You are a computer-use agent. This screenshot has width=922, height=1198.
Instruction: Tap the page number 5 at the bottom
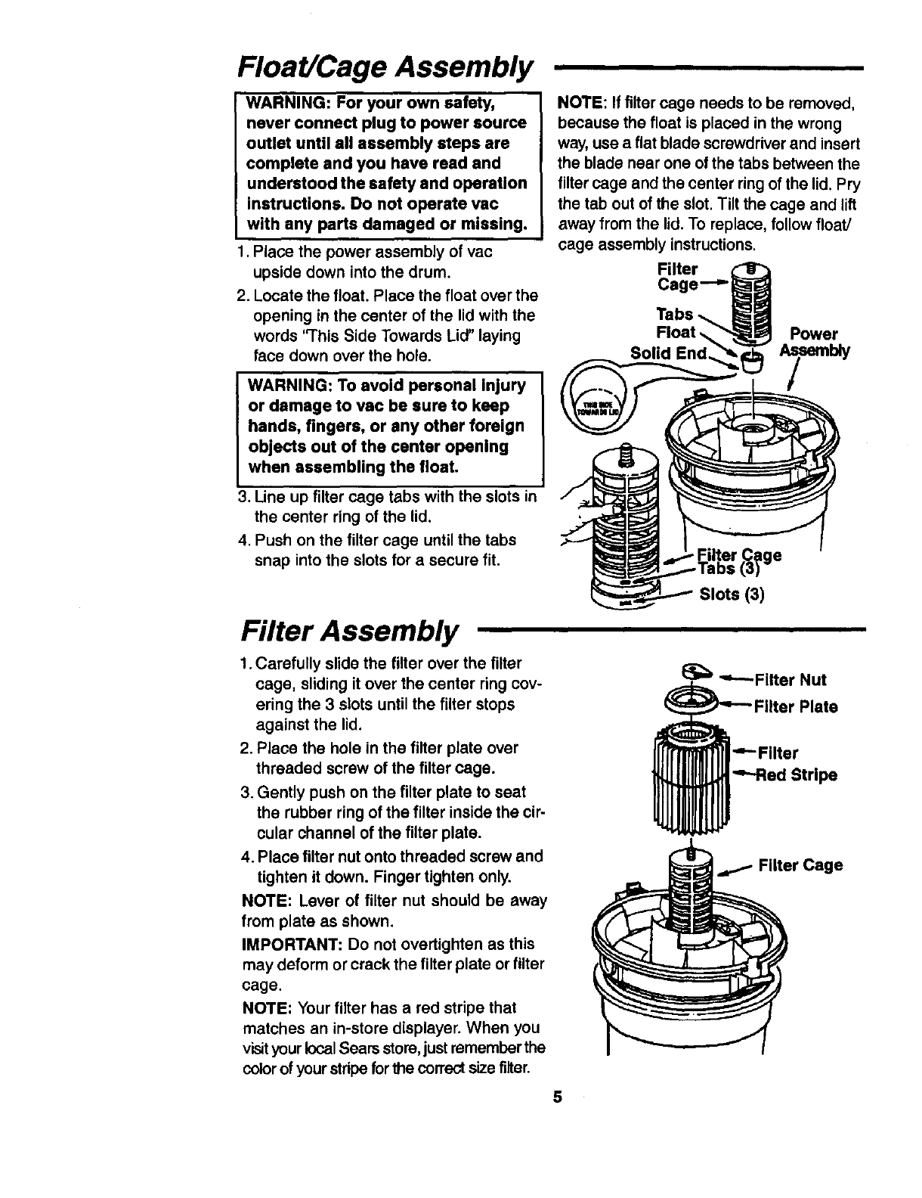557,1097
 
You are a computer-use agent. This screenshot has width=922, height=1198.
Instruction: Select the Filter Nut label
791,680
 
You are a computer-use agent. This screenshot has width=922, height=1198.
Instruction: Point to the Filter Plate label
797,707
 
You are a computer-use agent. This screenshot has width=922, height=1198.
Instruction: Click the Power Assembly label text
814,343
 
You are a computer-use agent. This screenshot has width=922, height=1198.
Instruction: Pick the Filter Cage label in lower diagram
800,864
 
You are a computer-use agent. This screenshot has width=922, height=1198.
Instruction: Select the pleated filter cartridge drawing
691,779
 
